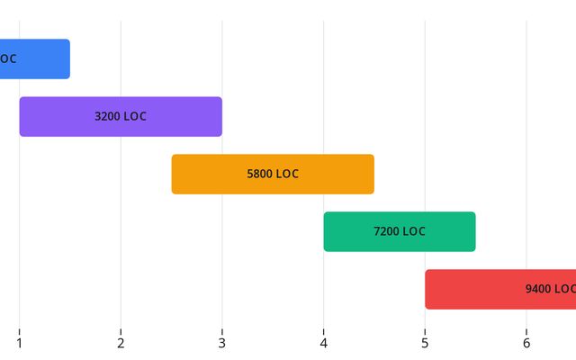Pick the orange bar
pos(207,174)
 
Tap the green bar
pos(351,231)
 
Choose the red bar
pos(477,289)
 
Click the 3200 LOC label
pos(121,116)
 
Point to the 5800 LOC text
pos(273,174)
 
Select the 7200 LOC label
pos(400,231)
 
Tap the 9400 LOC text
pos(550,289)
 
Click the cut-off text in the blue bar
pos(7,58)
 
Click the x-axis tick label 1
pos(19,342)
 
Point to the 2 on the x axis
pos(121,342)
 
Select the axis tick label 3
pos(222,342)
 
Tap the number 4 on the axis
pos(324,342)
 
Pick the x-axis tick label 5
pos(425,342)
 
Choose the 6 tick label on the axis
pos(526,342)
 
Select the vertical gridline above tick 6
pos(526,135)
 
